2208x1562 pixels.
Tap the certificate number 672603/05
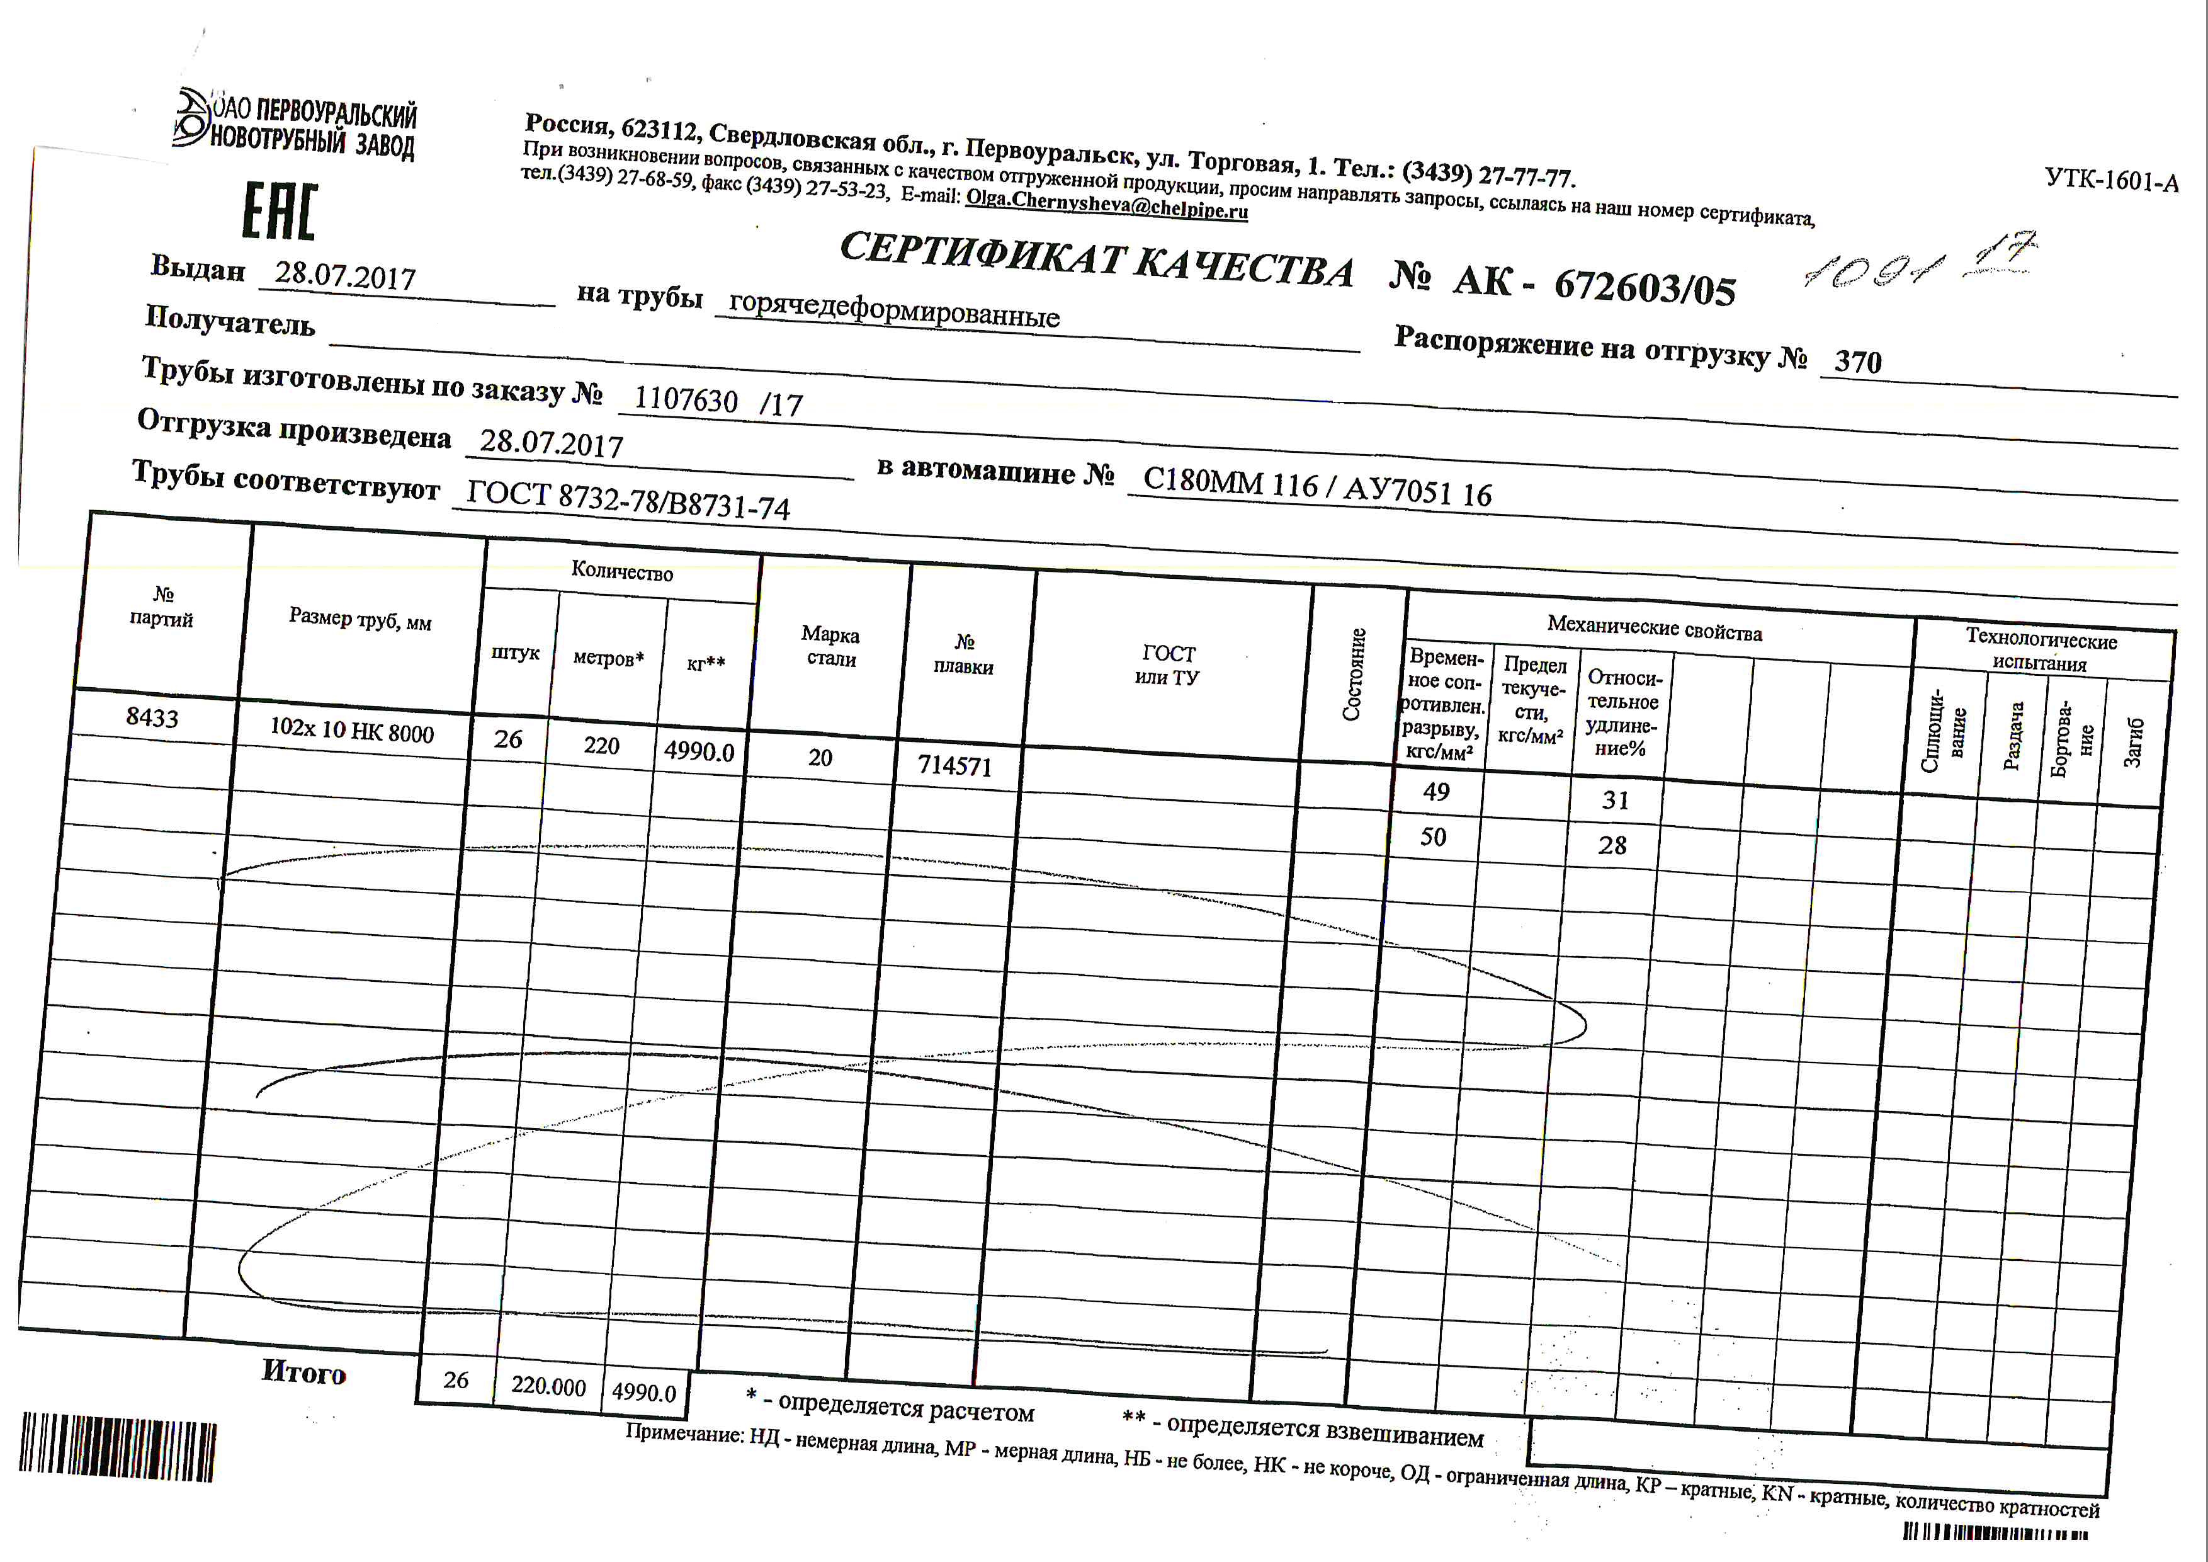coord(1645,287)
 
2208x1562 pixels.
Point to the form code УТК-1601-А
coord(2111,180)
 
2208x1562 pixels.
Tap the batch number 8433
coord(152,717)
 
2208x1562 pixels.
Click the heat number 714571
coord(954,766)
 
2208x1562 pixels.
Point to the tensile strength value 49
coord(1435,792)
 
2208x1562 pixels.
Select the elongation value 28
coord(1613,845)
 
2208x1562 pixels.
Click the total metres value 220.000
coord(548,1386)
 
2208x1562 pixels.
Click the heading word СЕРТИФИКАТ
coord(981,255)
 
